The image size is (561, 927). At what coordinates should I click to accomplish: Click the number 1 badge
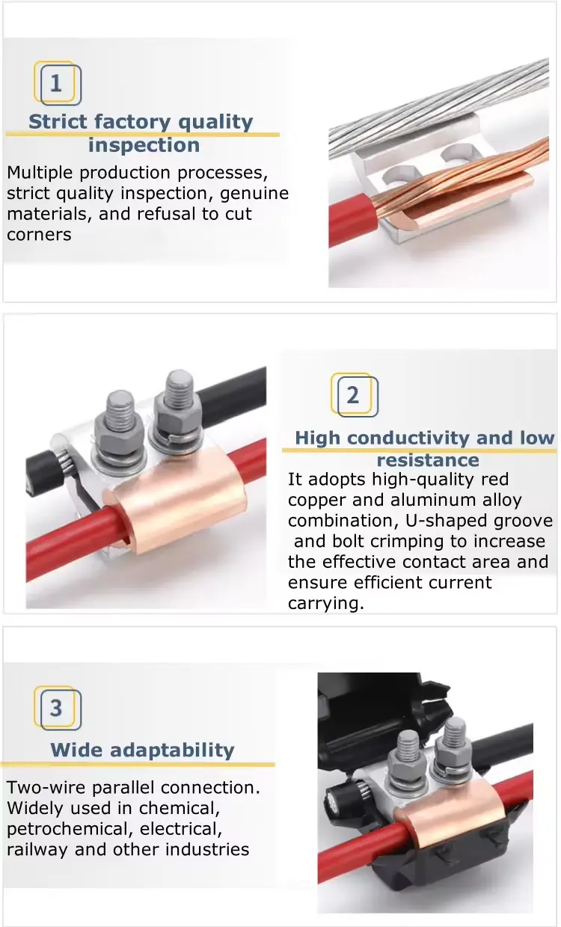(x=58, y=83)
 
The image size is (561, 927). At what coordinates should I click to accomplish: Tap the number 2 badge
(x=354, y=395)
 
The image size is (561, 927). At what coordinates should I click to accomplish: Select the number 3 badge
(x=58, y=708)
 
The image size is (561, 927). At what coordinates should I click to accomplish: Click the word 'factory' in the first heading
(x=132, y=122)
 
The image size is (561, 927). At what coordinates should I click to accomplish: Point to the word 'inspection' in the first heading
(x=144, y=145)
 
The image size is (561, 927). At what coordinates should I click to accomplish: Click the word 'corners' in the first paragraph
(x=40, y=235)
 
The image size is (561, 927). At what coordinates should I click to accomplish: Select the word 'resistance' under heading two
(x=428, y=460)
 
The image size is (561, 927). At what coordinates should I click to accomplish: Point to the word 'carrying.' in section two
(x=325, y=603)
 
